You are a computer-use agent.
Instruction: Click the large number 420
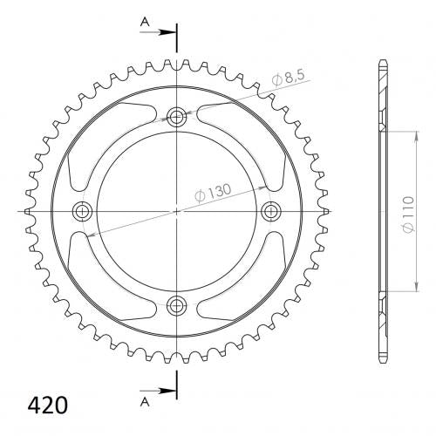[x=48, y=405]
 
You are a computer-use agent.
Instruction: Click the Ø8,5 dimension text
[x=289, y=78]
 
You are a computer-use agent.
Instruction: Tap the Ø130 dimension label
[x=213, y=193]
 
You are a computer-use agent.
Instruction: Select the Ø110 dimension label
[x=408, y=215]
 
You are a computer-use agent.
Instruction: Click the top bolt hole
[x=176, y=118]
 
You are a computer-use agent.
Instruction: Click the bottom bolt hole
[x=176, y=305]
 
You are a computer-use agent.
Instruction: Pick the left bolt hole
[x=83, y=211]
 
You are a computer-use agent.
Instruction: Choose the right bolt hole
[x=270, y=211]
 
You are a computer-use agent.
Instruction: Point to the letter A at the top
[x=145, y=22]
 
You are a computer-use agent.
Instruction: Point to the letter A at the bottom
[x=145, y=402]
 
